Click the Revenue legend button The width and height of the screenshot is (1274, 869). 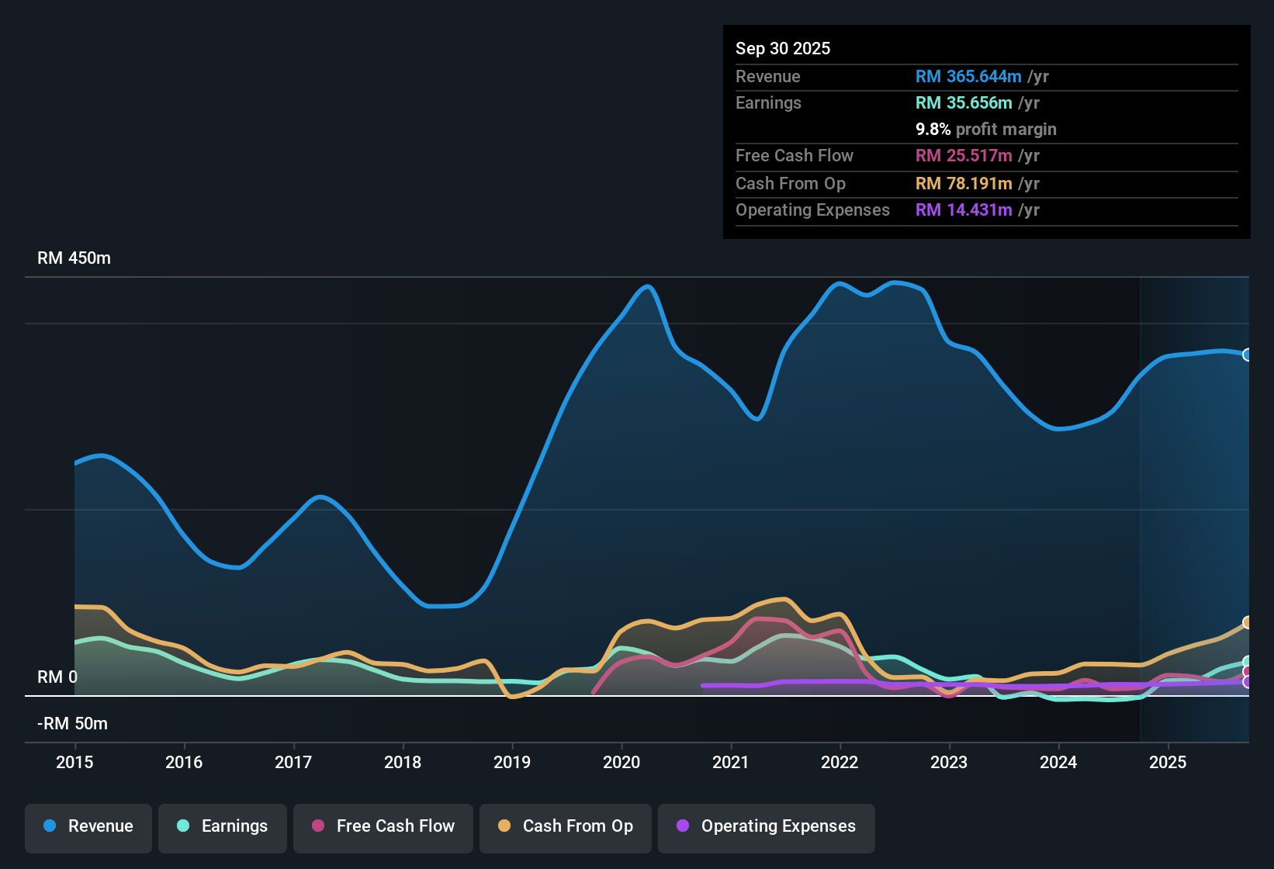click(88, 826)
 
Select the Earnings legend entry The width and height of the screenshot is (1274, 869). click(223, 826)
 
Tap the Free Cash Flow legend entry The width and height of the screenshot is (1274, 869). click(383, 826)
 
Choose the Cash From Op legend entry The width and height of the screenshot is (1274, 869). click(566, 826)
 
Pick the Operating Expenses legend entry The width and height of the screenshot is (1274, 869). click(767, 826)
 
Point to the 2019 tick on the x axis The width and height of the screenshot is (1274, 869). click(512, 762)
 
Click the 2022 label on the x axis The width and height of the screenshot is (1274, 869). click(840, 762)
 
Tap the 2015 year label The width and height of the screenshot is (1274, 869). click(74, 762)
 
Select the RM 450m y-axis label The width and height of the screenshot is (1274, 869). click(74, 258)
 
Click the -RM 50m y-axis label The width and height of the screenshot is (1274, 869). click(72, 724)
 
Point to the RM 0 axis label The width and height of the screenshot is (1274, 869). click(57, 677)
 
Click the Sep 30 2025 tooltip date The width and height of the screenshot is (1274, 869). click(782, 49)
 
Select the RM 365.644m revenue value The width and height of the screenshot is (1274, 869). click(968, 77)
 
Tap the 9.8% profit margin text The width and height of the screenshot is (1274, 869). click(985, 130)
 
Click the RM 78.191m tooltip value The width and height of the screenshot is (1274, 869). click(963, 184)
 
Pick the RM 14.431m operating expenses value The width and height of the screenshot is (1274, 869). click(963, 210)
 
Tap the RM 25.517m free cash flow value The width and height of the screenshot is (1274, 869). click(963, 156)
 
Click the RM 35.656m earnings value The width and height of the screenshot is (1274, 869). click(963, 103)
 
